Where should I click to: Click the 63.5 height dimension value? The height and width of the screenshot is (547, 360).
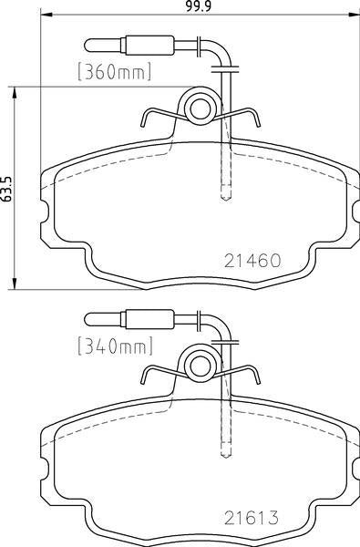(x=6, y=189)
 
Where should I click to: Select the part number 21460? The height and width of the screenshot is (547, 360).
(x=252, y=260)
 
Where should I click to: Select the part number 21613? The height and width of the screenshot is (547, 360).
(x=252, y=518)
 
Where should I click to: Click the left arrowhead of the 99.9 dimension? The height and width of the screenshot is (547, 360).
(x=46, y=15)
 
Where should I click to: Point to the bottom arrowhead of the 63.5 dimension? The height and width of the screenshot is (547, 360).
(x=15, y=284)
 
